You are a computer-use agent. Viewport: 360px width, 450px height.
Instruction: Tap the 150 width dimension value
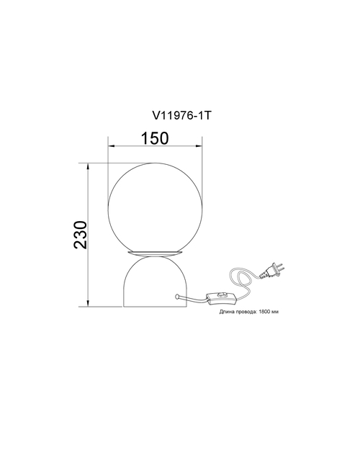coord(155,138)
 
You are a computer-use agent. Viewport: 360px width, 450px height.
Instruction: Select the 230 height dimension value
coord(80,235)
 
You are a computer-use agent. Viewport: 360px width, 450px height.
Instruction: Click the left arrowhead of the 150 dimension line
coord(112,146)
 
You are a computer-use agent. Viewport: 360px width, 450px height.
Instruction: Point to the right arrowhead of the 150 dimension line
coord(199,146)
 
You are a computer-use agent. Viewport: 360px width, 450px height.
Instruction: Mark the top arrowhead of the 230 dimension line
coord(89,167)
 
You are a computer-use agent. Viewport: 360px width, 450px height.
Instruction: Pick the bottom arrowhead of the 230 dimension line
coord(89,303)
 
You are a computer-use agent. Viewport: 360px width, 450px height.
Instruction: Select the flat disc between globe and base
coord(155,253)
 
